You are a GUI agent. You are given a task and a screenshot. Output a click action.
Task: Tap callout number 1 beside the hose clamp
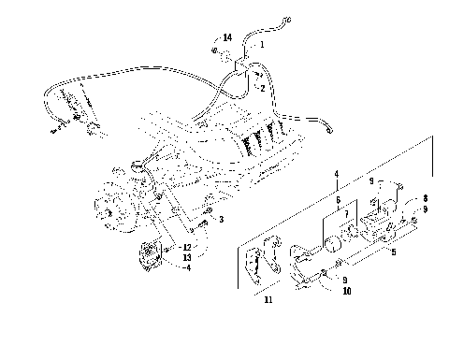pos(262,45)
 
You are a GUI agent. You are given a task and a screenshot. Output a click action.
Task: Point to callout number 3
pos(221,220)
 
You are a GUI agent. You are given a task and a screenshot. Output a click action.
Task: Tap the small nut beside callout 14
pos(214,49)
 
